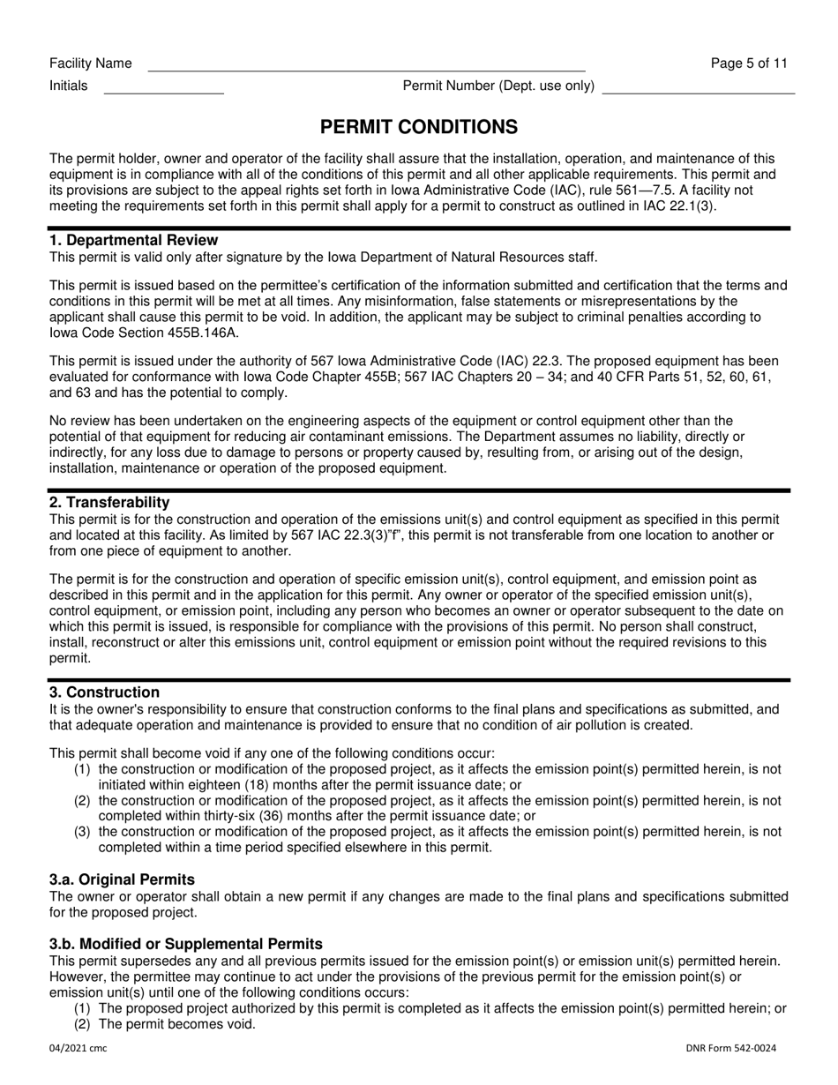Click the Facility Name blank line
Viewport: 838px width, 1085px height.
click(x=366, y=65)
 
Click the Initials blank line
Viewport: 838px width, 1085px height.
click(x=164, y=87)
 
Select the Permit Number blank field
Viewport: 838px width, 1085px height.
click(x=699, y=87)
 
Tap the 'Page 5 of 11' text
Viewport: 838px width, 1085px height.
click(x=749, y=63)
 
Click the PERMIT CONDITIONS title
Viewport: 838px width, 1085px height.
click(x=419, y=127)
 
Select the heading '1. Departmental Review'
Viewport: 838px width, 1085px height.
click(x=133, y=240)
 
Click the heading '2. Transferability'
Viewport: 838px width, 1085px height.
click(x=109, y=502)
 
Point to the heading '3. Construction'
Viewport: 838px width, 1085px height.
click(x=104, y=692)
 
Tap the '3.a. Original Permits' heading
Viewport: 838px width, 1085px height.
click(x=122, y=879)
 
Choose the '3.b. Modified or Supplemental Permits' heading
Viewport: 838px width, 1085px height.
click(x=186, y=944)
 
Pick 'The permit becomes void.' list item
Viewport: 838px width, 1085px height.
click(x=177, y=1024)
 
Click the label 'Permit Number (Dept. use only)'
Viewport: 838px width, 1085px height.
click(x=498, y=86)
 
